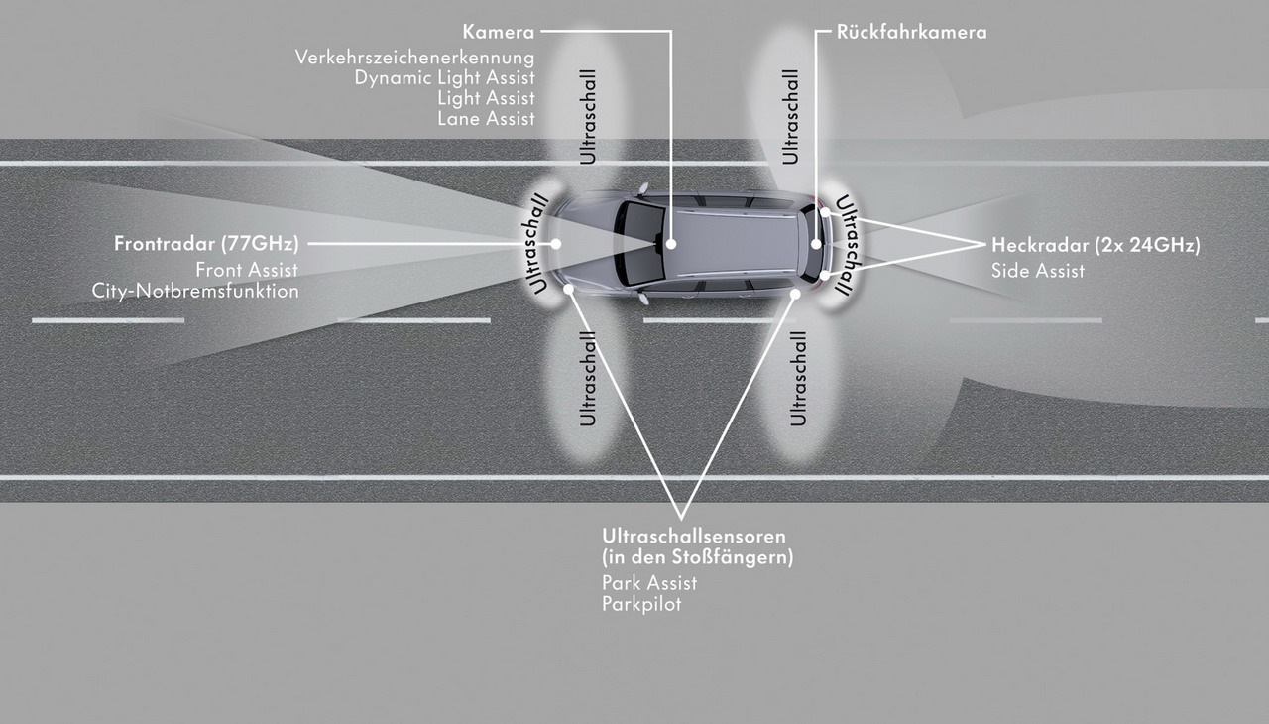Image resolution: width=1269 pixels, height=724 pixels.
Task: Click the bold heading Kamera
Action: click(x=499, y=32)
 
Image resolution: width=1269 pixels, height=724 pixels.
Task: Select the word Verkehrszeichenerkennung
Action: click(x=414, y=58)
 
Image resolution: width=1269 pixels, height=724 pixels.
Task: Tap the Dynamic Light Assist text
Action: click(x=445, y=78)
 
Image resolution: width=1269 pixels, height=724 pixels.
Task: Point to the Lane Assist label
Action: click(x=486, y=119)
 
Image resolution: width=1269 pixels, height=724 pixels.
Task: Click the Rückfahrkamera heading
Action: click(x=911, y=32)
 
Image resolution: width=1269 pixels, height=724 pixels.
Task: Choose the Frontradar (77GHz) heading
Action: click(x=207, y=244)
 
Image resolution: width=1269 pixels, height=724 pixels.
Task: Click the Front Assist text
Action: click(x=247, y=270)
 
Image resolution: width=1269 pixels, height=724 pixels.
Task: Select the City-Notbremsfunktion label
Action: click(x=195, y=291)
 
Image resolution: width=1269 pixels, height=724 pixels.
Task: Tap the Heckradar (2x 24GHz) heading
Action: click(x=1096, y=245)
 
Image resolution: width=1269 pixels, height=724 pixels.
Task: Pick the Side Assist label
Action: click(x=1038, y=271)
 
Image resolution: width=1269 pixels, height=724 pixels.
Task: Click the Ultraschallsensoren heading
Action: click(x=694, y=536)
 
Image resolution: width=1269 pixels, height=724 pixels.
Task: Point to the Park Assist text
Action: click(x=649, y=583)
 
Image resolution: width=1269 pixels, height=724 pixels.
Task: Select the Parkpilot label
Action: click(x=641, y=604)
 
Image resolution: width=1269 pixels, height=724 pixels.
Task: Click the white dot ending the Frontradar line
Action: click(x=556, y=244)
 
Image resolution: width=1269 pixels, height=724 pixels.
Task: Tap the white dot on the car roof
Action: click(x=671, y=244)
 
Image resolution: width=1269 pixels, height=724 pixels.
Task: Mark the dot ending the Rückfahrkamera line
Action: click(x=816, y=244)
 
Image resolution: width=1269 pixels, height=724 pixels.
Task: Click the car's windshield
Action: click(x=639, y=244)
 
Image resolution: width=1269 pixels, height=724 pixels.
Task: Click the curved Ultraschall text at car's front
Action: click(x=534, y=244)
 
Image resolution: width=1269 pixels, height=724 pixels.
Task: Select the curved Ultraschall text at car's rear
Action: click(x=848, y=245)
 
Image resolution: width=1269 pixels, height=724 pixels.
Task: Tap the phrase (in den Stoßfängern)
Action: click(x=698, y=557)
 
